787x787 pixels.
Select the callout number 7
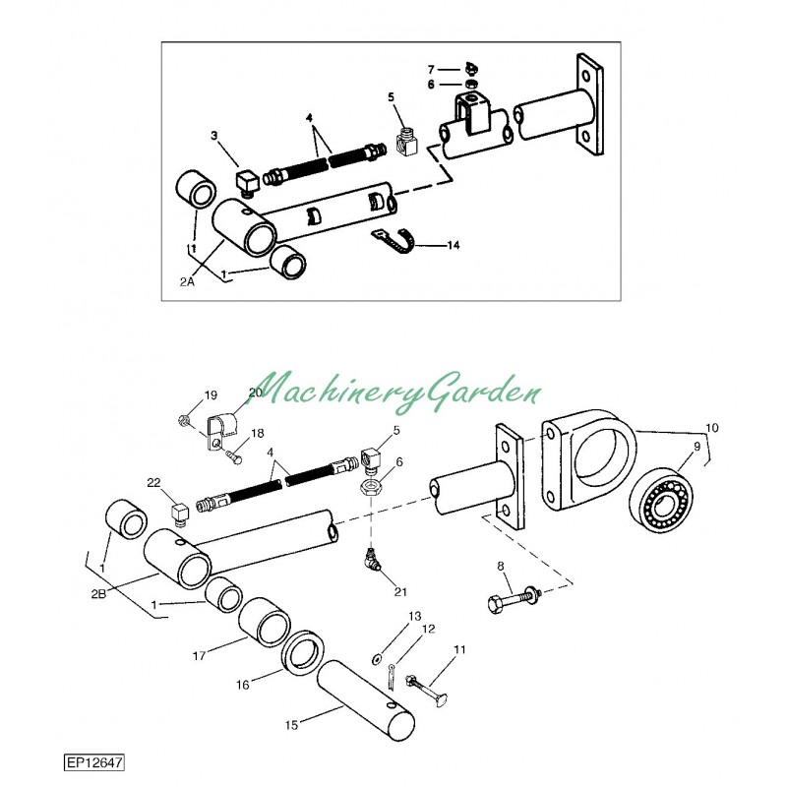(430, 69)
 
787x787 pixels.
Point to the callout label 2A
(188, 281)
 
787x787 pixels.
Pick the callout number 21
(399, 591)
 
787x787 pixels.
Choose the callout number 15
(291, 726)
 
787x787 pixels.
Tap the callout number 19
(211, 395)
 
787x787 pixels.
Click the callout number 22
(152, 482)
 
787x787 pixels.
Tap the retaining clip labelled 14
(395, 239)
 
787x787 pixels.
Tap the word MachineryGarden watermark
(398, 390)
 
